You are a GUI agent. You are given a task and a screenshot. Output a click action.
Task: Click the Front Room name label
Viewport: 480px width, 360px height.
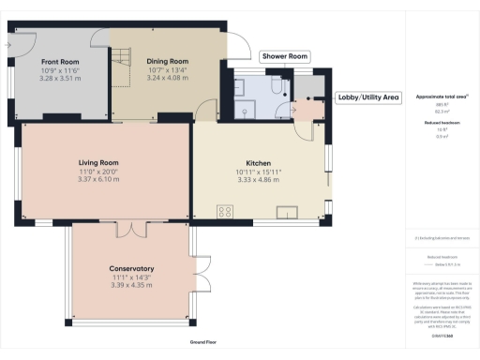pos(58,61)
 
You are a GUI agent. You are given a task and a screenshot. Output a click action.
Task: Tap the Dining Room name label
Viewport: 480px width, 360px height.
pos(168,61)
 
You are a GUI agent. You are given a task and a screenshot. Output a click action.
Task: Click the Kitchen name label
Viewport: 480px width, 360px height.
pos(259,163)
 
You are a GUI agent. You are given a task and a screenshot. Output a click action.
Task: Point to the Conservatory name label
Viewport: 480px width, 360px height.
pos(131,269)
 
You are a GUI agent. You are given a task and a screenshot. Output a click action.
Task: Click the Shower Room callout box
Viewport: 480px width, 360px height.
pos(285,56)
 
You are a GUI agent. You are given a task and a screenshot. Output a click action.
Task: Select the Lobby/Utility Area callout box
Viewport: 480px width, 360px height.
pos(367,97)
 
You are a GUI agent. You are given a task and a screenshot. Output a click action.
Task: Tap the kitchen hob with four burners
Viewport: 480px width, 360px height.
pos(226,210)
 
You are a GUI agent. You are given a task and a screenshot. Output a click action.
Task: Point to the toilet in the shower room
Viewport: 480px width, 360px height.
pos(275,87)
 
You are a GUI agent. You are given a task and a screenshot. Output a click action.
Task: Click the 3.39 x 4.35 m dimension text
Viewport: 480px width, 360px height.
pos(131,284)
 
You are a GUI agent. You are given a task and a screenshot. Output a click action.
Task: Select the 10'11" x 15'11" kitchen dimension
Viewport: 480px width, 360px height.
pos(259,172)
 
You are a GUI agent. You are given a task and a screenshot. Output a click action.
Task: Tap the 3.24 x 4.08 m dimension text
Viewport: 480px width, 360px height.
pos(168,78)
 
